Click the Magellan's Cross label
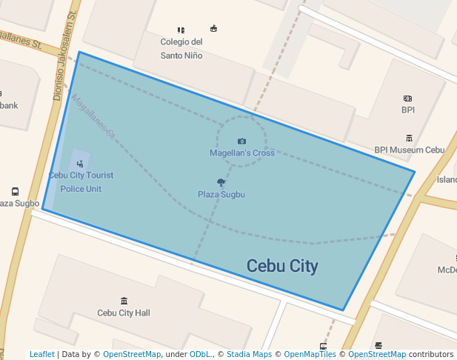pos(241,153)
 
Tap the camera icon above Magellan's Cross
pos(241,141)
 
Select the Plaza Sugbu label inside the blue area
pos(221,194)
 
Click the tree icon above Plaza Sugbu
pos(221,182)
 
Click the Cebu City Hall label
pos(124,313)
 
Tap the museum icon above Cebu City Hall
pos(124,301)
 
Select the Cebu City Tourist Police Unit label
pos(81,182)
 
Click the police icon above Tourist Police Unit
pos(80,163)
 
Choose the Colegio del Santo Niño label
pos(181,48)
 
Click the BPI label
pos(408,110)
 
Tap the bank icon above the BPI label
pos(407,98)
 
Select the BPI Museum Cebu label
pos(409,150)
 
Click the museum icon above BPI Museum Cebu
pos(409,138)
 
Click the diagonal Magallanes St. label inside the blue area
pos(93,117)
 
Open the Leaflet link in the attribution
pos(42,355)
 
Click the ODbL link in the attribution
pos(201,355)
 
